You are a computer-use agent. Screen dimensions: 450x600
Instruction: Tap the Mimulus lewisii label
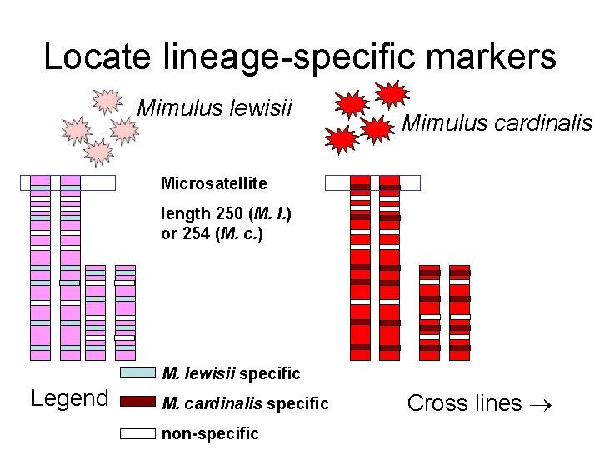click(214, 107)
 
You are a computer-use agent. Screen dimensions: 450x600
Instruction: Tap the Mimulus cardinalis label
click(497, 123)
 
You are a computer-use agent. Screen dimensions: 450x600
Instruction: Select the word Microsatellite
click(213, 182)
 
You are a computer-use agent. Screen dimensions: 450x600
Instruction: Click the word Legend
click(69, 398)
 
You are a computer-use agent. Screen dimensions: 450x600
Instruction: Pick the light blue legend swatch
click(137, 372)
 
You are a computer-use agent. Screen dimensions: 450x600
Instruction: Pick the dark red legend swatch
click(137, 402)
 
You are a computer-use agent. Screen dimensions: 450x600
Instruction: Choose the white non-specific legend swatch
click(137, 432)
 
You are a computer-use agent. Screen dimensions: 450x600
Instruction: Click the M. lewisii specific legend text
click(231, 372)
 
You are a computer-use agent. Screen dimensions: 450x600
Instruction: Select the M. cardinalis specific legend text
click(245, 403)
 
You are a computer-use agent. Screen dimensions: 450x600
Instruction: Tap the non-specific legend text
click(210, 433)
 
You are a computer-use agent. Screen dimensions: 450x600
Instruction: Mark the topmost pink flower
click(107, 102)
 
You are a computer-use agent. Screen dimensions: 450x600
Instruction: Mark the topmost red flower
click(391, 94)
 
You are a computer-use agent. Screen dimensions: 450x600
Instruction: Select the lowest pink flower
click(98, 152)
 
